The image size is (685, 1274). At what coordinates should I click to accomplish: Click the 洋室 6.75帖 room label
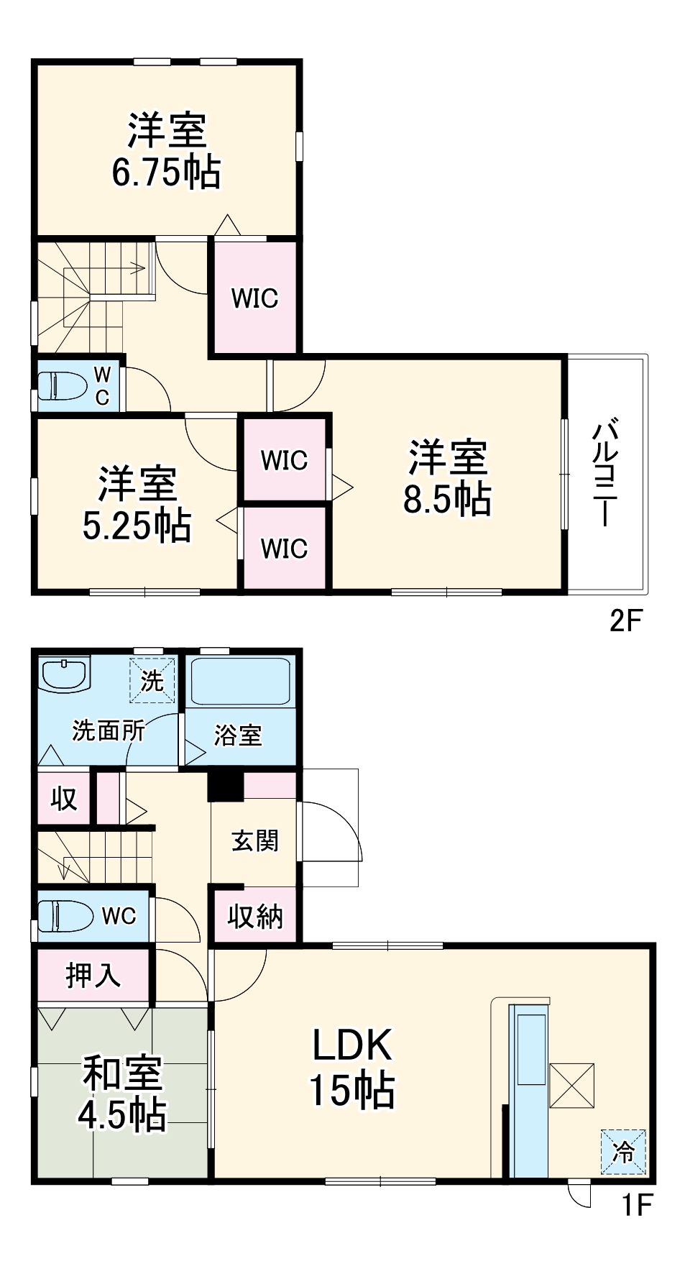click(166, 151)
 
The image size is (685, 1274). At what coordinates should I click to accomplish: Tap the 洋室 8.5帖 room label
click(447, 477)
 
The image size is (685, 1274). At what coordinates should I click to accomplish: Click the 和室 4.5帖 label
click(121, 1093)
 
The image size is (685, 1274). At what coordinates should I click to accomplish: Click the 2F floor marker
click(624, 620)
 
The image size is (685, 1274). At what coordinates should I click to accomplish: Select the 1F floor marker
click(636, 1205)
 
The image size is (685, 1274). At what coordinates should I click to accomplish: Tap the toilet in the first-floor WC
click(65, 916)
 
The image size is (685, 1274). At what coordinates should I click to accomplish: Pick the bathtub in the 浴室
click(240, 681)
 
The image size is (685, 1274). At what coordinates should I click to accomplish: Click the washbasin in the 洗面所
click(64, 675)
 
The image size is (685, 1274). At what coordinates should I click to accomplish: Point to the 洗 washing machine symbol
click(152, 680)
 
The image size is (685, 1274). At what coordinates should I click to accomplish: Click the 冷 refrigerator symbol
click(623, 1152)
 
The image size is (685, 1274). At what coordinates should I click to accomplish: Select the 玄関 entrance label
click(254, 840)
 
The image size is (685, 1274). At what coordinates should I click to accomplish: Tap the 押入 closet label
click(93, 976)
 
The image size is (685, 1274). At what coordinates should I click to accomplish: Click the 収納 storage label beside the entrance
click(254, 917)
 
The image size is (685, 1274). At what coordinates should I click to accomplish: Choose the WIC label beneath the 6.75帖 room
click(254, 298)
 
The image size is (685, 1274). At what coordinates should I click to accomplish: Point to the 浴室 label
click(238, 735)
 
